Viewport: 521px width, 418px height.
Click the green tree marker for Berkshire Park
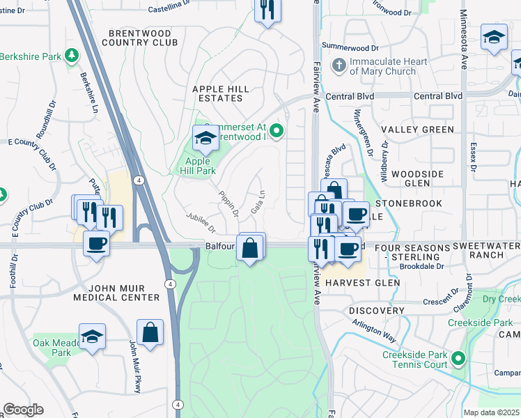(x=70, y=54)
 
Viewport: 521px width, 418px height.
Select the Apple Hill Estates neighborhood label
(x=221, y=94)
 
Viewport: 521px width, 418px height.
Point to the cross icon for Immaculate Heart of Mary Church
(x=339, y=66)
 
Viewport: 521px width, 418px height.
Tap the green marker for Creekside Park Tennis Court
(x=458, y=359)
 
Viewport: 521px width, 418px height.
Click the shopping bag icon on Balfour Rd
(x=250, y=247)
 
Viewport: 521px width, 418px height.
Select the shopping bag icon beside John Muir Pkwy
(x=150, y=332)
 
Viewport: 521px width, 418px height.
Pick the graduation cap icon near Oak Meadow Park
(x=92, y=336)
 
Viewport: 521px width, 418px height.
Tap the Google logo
(x=23, y=410)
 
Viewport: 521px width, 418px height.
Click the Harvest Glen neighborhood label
(x=363, y=283)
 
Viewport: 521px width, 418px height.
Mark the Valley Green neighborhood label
(x=417, y=130)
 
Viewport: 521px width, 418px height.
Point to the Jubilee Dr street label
(x=201, y=223)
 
